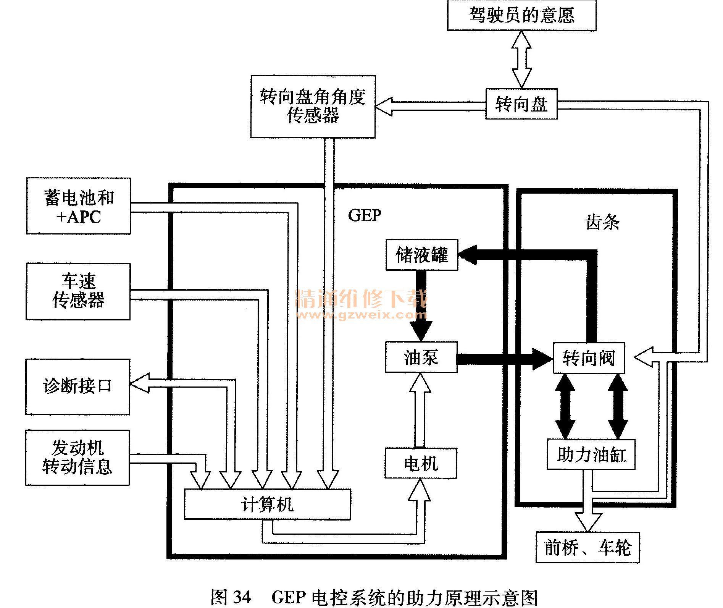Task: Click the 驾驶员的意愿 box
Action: tap(521, 15)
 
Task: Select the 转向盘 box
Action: tap(521, 104)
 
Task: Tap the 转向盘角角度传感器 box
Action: tap(313, 107)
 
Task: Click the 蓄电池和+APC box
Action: tap(79, 206)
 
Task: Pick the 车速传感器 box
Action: tap(78, 291)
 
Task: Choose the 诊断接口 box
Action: tap(78, 386)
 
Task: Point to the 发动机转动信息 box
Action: tap(77, 458)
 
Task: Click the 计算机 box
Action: tap(268, 504)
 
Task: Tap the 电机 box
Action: tap(421, 463)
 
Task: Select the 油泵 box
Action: tap(421, 357)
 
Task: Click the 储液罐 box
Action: tap(422, 255)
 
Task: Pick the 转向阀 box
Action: tap(589, 358)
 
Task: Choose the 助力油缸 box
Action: tap(591, 454)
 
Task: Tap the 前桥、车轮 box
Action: tap(588, 547)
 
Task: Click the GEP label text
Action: tap(365, 215)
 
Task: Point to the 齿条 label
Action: tap(602, 222)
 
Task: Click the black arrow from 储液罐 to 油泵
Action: tap(421, 306)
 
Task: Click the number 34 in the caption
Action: tap(242, 596)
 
